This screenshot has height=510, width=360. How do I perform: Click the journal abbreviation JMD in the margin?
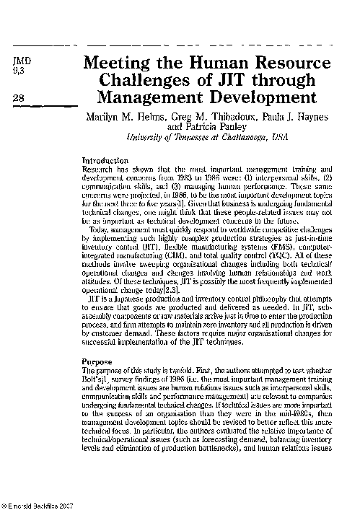click(23, 61)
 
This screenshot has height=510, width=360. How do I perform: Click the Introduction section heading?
click(105, 159)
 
